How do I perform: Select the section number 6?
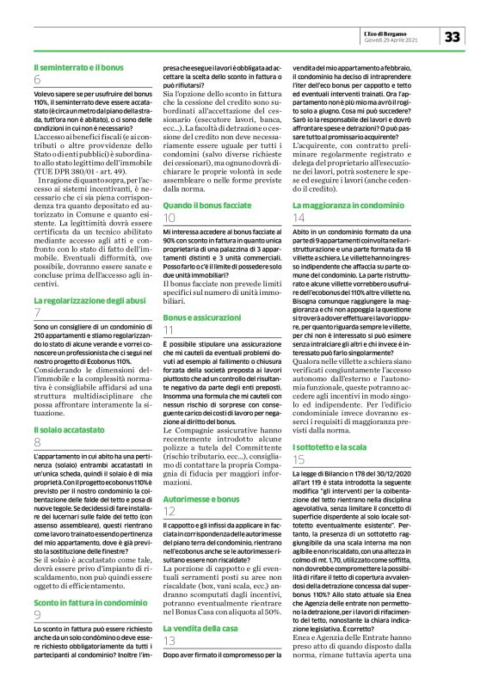[38, 80]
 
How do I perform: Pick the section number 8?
[38, 441]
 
